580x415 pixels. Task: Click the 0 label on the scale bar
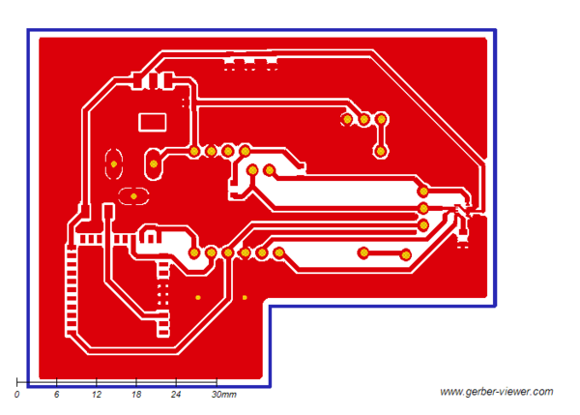[x=17, y=396]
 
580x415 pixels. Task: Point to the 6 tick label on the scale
[x=57, y=396]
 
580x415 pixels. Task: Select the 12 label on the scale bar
[x=97, y=396]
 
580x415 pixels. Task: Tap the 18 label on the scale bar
[x=136, y=396]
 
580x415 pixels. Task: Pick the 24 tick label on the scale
[x=176, y=396]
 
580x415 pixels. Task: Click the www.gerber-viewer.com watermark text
[x=496, y=392]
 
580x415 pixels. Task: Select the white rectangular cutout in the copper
[x=154, y=122]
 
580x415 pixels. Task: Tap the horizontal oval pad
[x=133, y=196]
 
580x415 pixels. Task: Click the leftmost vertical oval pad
[x=113, y=164]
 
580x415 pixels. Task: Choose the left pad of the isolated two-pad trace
[x=363, y=253]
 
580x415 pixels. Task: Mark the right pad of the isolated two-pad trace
[x=405, y=254]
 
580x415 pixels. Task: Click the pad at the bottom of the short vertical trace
[x=382, y=151]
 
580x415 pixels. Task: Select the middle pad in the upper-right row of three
[x=364, y=120]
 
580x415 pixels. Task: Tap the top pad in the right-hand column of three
[x=422, y=192]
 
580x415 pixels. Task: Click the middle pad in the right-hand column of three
[x=422, y=208]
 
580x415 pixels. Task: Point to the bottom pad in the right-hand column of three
[x=422, y=224]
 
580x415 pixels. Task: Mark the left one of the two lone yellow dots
[x=198, y=297]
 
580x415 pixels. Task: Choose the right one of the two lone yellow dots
[x=245, y=297]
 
